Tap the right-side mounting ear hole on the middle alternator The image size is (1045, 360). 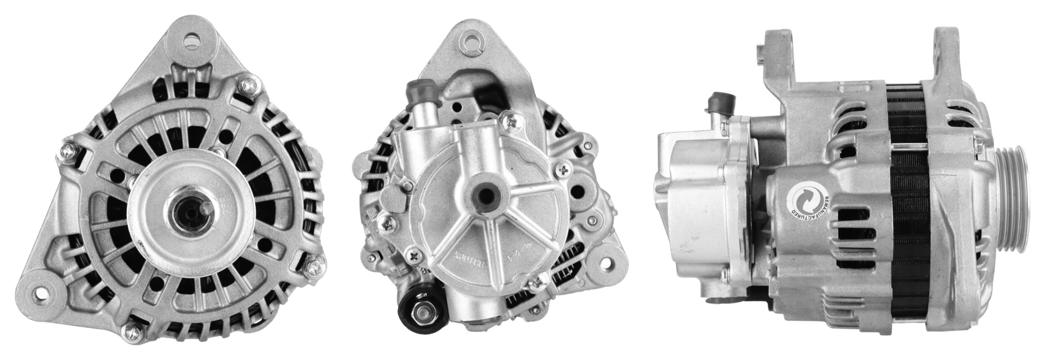pyautogui.click(x=605, y=265)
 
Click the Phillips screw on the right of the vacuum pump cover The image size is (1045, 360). pyautogui.click(x=563, y=169)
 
